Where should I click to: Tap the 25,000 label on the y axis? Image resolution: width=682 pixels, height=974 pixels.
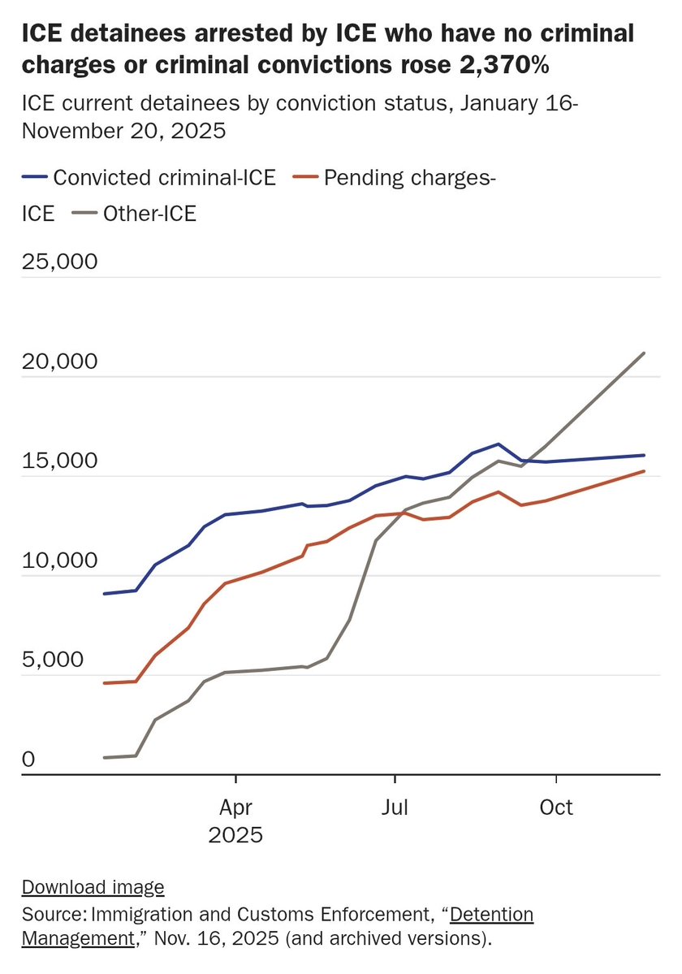60,262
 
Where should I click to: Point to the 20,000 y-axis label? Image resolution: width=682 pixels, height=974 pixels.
60,361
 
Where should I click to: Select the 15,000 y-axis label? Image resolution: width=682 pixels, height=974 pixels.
60,461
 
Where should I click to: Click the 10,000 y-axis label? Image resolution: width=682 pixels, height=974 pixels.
60,561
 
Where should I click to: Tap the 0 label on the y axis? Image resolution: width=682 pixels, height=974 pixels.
28,760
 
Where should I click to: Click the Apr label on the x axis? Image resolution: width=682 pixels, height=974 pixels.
235,807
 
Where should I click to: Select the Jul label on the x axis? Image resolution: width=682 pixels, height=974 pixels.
395,807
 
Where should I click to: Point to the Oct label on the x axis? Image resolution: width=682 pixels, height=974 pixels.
556,807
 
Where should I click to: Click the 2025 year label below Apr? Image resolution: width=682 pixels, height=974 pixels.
235,835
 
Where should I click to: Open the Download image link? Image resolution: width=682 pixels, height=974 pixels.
93,887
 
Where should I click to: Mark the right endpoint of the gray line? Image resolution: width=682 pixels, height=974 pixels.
645,353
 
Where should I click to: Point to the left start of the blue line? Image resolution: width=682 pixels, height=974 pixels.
104,594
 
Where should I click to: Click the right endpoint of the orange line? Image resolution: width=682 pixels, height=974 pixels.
645,471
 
